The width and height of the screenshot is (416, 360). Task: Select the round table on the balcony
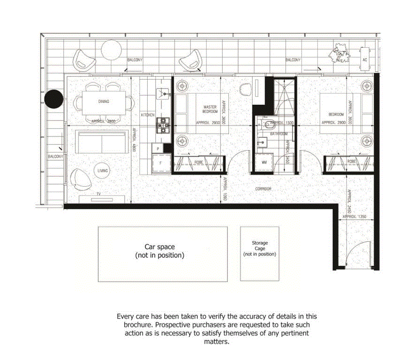(x=112, y=50)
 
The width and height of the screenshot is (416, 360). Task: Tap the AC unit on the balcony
(x=365, y=60)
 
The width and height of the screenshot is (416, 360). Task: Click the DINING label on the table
(x=104, y=101)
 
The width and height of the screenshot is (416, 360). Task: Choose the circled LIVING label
(x=103, y=171)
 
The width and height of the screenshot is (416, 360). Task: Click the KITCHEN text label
(x=148, y=115)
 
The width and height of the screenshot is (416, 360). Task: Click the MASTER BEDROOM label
(x=210, y=109)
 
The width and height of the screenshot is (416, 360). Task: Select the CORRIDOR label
(x=263, y=189)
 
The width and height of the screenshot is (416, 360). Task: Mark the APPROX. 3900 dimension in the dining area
(x=104, y=121)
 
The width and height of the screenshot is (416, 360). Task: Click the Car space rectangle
(x=162, y=254)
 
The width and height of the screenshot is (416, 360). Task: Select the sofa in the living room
(x=102, y=142)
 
